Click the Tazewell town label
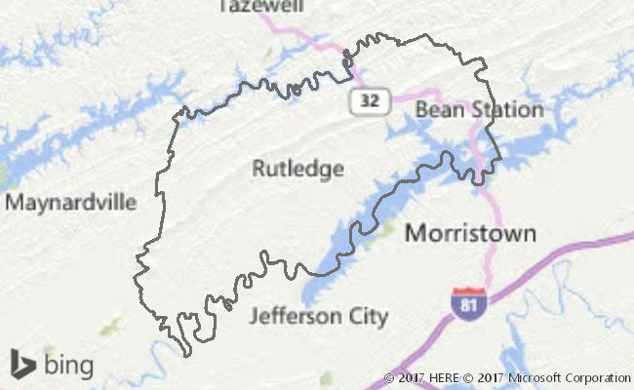[x=261, y=6]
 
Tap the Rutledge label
[x=297, y=169]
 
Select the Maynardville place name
[x=71, y=203]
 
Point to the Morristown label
[x=470, y=233]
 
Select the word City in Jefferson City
[x=368, y=317]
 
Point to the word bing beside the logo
[x=68, y=365]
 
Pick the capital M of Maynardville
[x=14, y=203]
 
